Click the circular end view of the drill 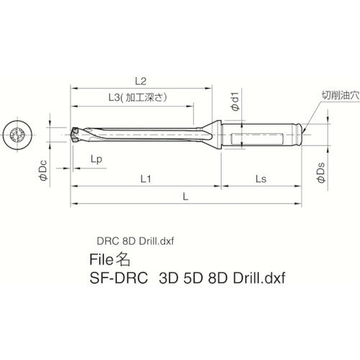tap(19, 135)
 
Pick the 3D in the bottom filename tap(168, 277)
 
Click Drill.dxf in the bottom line tap(259, 277)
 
